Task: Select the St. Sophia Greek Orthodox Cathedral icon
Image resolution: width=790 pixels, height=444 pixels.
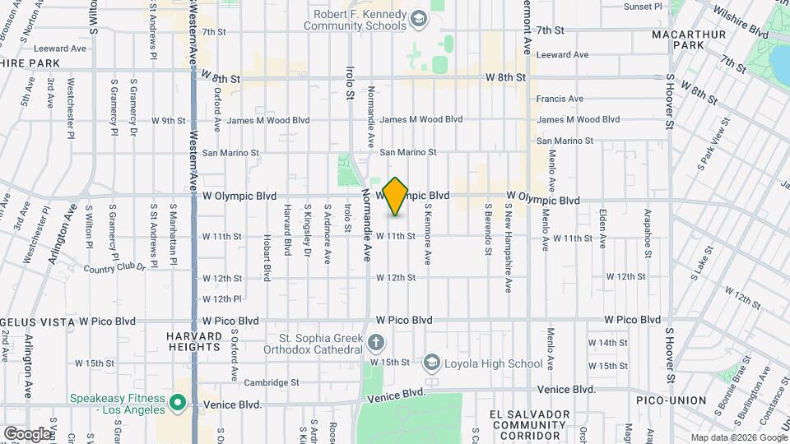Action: tap(375, 342)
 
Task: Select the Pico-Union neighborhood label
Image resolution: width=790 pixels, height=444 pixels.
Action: tap(671, 400)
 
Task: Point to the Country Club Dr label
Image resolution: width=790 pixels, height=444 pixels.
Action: tap(114, 268)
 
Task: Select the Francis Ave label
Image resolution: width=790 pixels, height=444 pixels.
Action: tap(560, 99)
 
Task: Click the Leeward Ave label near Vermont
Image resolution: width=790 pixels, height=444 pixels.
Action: tap(562, 55)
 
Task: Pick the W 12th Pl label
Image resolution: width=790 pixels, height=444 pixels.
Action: tap(221, 299)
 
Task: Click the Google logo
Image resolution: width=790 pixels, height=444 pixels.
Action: tap(26, 433)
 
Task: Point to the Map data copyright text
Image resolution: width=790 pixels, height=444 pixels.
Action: tap(737, 437)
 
